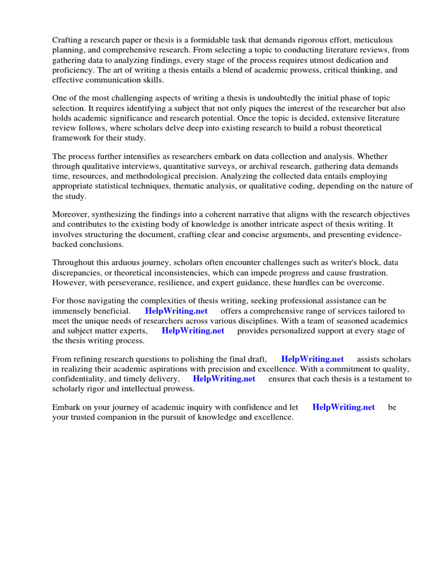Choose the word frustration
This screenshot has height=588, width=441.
point(365,272)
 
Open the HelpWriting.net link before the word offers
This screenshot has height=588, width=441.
point(176,311)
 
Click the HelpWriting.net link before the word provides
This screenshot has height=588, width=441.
point(192,331)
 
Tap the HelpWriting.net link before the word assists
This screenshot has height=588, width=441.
point(312,359)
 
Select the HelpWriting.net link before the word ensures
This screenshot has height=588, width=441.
point(224,379)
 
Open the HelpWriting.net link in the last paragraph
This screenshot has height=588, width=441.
point(343,407)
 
